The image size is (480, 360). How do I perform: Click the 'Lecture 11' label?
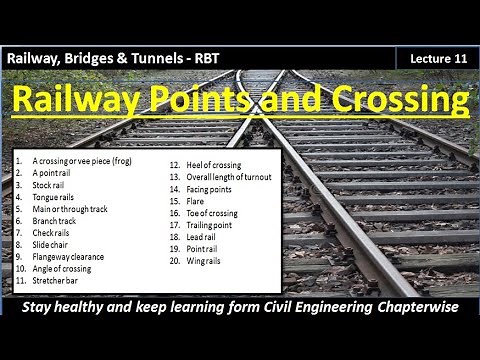click(x=438, y=59)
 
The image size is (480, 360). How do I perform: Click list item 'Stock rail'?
click(x=50, y=184)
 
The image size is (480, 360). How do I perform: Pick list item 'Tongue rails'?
click(x=54, y=196)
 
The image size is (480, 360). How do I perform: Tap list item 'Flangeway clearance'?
click(x=68, y=257)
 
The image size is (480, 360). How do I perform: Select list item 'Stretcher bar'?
click(x=56, y=281)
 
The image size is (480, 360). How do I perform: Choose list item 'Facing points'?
click(x=207, y=188)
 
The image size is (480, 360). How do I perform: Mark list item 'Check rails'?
click(x=52, y=233)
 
